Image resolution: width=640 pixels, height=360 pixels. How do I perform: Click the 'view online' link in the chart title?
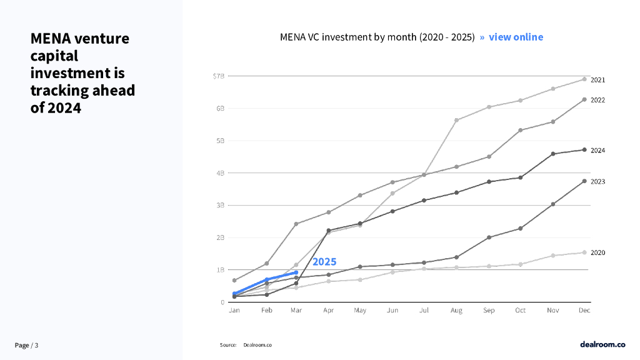coord(516,37)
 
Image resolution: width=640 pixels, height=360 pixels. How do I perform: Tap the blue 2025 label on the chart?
coord(324,262)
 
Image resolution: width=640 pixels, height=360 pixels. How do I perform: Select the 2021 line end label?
coord(597,80)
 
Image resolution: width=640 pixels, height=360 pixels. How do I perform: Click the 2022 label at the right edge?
coord(597,100)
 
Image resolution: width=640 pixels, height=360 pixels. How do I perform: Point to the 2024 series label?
coord(597,151)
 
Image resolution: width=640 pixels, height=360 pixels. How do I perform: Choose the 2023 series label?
coord(597,181)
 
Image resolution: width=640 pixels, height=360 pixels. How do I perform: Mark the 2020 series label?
coord(597,252)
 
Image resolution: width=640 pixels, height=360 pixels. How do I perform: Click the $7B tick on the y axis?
coord(218,76)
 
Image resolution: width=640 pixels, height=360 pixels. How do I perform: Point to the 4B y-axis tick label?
coord(219,173)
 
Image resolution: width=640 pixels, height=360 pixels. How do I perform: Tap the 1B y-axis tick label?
coord(219,270)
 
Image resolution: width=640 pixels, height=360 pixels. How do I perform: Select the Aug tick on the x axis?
coord(456,310)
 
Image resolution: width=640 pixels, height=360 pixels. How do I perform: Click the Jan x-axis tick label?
coord(234,310)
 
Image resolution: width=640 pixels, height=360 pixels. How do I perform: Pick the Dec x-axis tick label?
coord(584,310)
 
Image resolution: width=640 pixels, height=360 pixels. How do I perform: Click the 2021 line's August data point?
coord(457,120)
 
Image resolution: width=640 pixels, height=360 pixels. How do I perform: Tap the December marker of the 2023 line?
coord(584,181)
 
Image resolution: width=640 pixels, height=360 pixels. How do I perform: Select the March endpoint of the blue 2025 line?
coord(296,272)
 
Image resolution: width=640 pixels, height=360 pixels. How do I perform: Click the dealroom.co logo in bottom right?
coord(602,344)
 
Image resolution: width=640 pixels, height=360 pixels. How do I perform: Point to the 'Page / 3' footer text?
coord(26,346)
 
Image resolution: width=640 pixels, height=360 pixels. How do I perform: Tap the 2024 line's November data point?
coord(552,154)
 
